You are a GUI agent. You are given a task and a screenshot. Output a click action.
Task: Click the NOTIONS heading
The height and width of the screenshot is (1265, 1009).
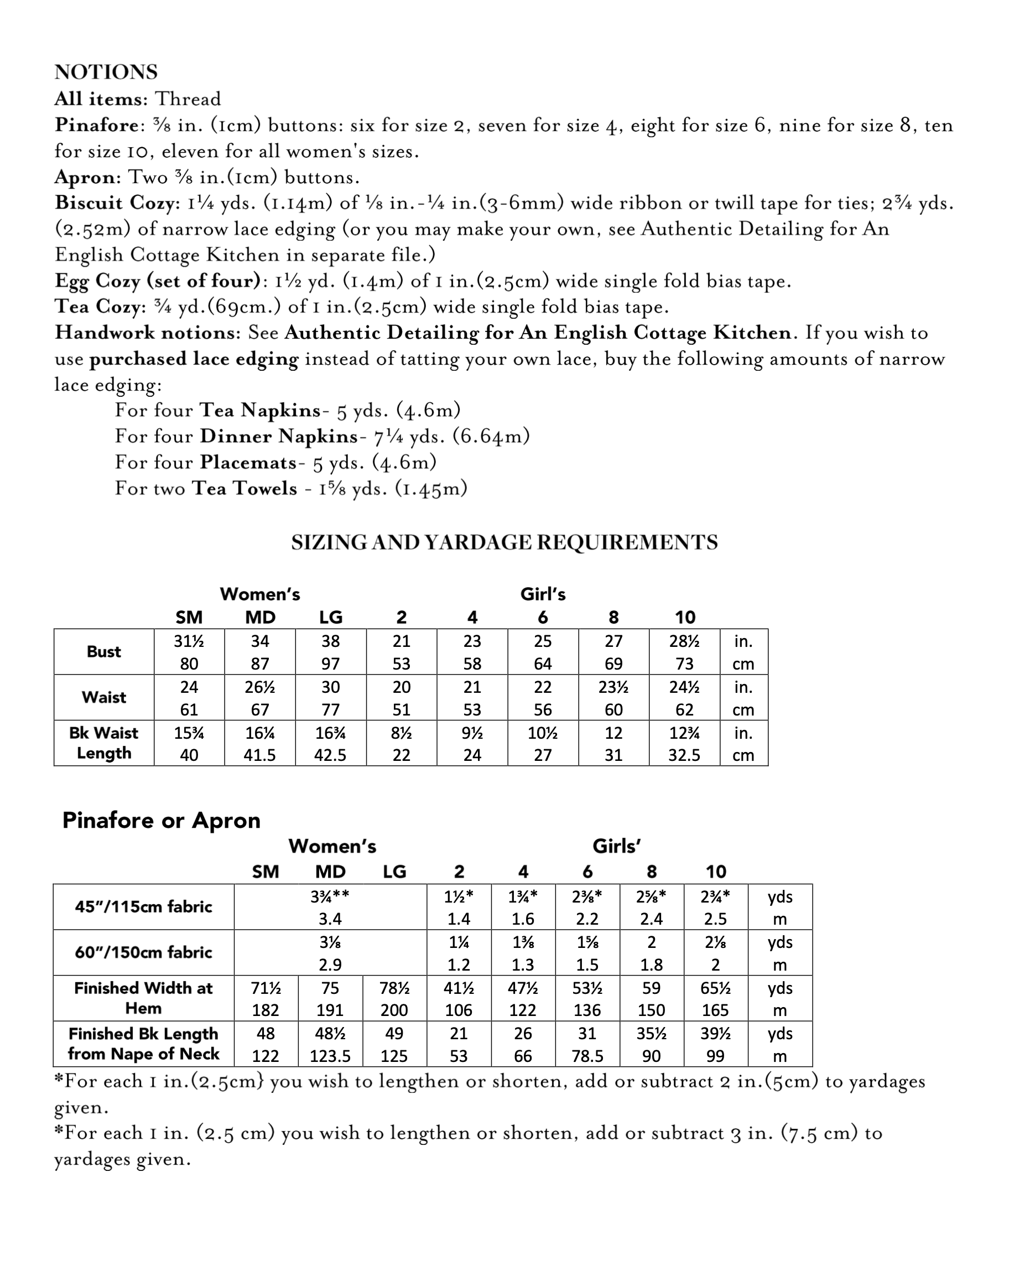coord(106,72)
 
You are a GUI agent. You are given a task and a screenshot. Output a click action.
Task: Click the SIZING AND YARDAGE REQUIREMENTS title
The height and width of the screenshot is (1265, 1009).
coord(504,542)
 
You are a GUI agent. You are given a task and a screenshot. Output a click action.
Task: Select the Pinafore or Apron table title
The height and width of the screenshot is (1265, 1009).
coord(162,820)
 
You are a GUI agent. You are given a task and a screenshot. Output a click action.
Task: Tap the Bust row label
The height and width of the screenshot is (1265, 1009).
coord(104,652)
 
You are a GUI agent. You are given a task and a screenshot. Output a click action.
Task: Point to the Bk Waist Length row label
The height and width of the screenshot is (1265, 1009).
coord(104,743)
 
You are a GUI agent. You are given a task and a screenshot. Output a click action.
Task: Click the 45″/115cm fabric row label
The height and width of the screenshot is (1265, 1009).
coord(143,907)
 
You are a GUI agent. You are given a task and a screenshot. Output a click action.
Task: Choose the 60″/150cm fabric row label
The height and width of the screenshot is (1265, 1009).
coord(143,952)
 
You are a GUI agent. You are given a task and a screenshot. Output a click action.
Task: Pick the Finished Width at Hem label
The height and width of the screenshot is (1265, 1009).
coord(143,998)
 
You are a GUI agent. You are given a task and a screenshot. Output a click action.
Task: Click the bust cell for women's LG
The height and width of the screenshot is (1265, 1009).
coord(331,652)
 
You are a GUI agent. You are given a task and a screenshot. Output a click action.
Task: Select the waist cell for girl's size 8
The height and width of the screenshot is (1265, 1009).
coord(613,698)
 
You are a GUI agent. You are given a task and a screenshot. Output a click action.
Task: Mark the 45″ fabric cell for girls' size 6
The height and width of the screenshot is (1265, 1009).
coord(587,907)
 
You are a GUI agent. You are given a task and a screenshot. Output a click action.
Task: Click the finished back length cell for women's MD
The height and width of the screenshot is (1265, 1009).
coord(330,1044)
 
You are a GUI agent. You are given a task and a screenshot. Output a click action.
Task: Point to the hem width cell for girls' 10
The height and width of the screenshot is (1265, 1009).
coord(716,998)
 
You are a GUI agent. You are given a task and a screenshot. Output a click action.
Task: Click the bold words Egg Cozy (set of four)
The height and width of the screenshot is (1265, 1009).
coord(157,281)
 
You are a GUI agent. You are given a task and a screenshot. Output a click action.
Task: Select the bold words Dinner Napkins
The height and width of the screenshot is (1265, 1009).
coord(279,436)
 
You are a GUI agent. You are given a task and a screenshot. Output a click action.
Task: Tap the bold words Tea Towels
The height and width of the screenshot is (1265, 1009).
coord(245,488)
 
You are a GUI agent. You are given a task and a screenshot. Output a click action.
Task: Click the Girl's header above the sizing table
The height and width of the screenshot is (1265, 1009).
coord(543,594)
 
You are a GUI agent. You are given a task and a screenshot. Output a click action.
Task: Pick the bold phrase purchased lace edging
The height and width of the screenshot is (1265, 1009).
coord(194,359)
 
